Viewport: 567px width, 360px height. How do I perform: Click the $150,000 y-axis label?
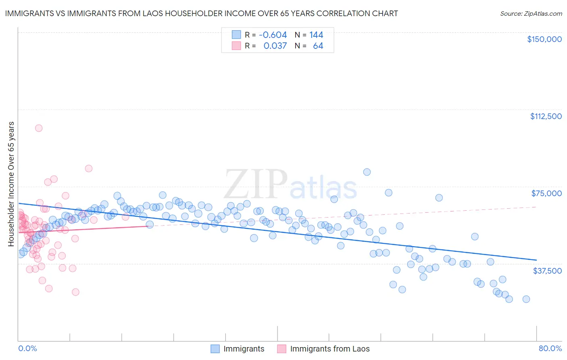(544, 39)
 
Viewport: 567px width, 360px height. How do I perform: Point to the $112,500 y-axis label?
(546, 116)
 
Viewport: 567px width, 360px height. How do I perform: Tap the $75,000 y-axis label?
(546, 193)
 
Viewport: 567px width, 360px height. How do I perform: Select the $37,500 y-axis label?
(547, 271)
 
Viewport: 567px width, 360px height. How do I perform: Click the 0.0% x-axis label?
(27, 348)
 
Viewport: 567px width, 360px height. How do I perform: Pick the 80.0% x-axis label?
(550, 348)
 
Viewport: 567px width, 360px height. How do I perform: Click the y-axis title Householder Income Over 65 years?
(11, 184)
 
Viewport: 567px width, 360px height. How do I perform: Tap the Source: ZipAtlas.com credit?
(531, 14)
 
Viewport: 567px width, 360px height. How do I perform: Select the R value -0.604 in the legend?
(273, 35)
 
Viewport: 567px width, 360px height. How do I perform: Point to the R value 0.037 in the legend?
(275, 46)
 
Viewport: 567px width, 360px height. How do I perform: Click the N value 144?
(316, 35)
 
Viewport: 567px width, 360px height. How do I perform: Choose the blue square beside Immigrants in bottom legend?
(215, 349)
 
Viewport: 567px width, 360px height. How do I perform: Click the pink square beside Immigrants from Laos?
(281, 349)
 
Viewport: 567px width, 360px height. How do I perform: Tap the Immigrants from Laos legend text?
(329, 349)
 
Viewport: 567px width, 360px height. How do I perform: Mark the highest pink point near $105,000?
(39, 128)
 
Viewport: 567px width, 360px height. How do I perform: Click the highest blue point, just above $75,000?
(367, 172)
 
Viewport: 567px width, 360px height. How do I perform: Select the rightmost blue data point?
(526, 299)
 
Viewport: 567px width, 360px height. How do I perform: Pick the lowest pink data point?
(75, 292)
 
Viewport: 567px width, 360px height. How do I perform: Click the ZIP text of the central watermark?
(256, 184)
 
